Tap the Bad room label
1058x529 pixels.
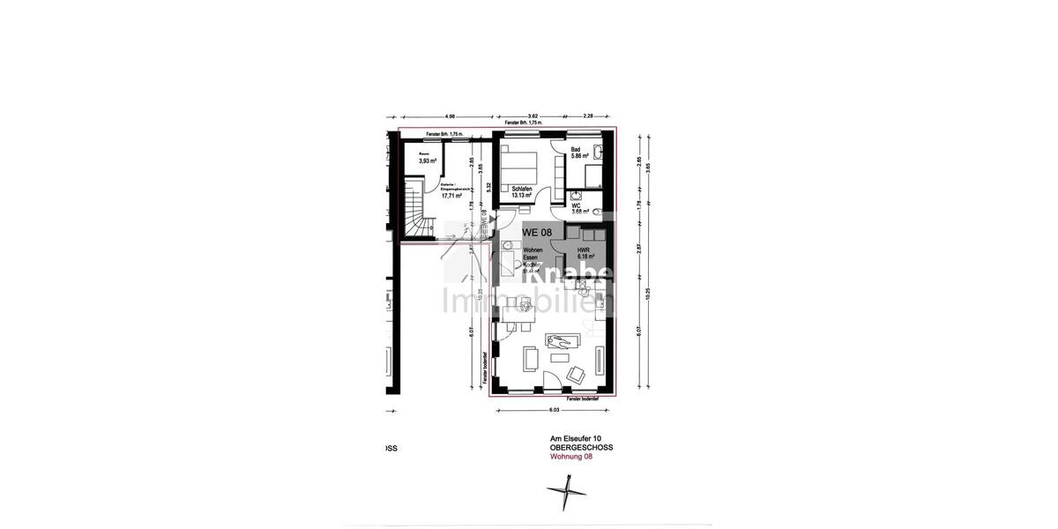(x=576, y=150)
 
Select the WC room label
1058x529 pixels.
(x=576, y=205)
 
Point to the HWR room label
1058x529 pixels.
(x=584, y=250)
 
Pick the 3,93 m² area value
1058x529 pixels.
(x=427, y=161)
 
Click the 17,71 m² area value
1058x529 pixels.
(x=451, y=196)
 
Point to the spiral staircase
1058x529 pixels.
(x=417, y=212)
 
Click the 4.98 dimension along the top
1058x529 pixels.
(x=449, y=116)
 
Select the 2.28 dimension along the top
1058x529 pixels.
(x=589, y=116)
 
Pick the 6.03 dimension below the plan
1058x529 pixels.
(x=554, y=410)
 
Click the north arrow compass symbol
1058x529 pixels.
(x=565, y=492)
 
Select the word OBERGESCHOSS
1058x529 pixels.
(x=581, y=448)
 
